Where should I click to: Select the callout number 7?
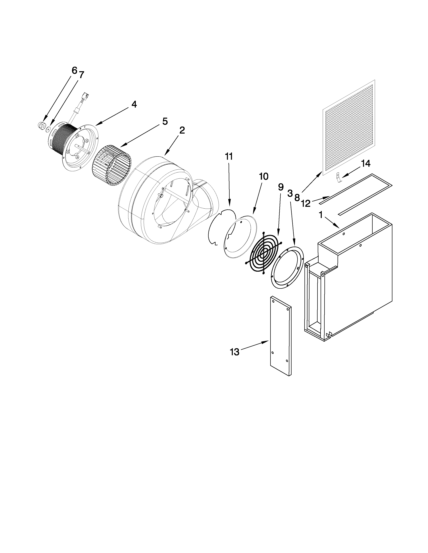[x=81, y=75]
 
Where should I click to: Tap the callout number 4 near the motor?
[x=134, y=104]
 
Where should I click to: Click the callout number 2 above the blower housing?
[x=182, y=130]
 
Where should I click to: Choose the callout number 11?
[x=229, y=157]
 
